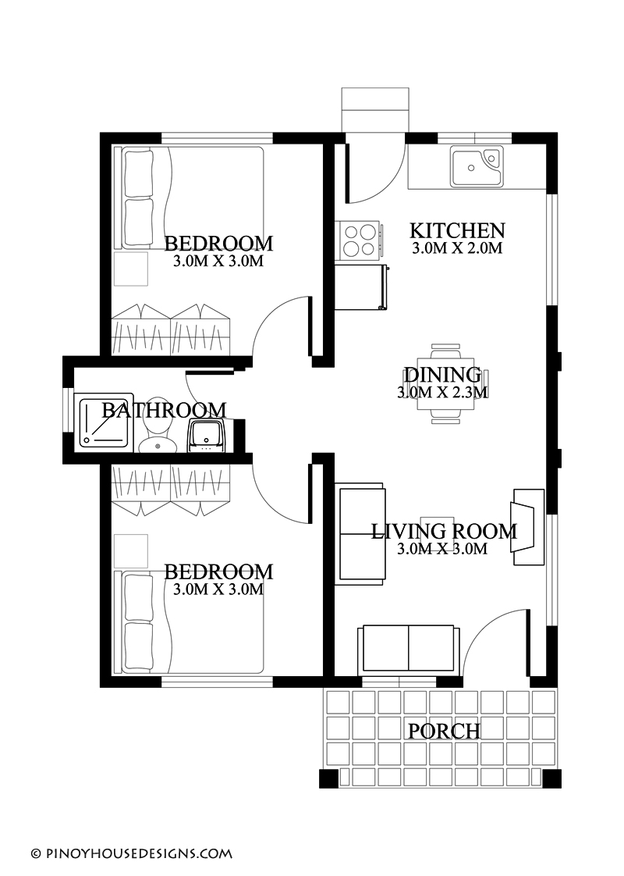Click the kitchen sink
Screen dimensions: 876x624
pos(476,166)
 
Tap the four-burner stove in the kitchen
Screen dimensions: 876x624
pos(359,240)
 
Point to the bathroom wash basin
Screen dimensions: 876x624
pos(207,435)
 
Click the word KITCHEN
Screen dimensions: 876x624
pos(457,231)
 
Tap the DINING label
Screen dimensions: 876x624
pos(442,375)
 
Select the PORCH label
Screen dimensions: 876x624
pos(444,731)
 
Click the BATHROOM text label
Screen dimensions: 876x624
pos(164,410)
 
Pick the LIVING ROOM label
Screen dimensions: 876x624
pos(443,532)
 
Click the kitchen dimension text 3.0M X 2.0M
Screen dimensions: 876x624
pos(457,249)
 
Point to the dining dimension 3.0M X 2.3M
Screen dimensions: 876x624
pos(442,392)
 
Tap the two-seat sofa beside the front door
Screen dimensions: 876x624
pos(409,649)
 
